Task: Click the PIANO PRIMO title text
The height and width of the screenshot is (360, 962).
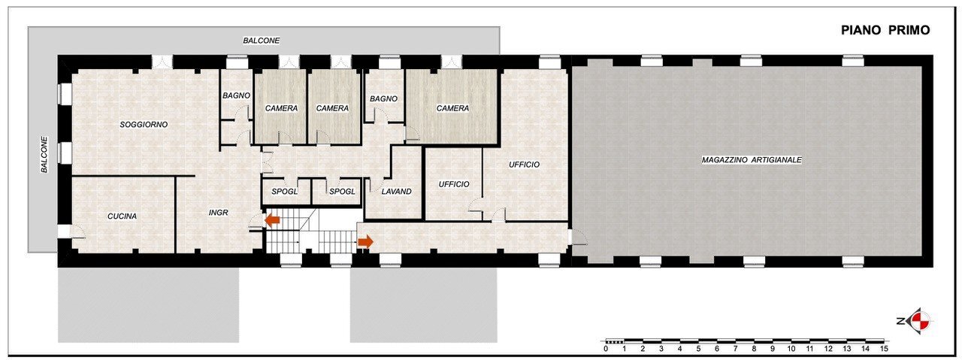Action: point(885,30)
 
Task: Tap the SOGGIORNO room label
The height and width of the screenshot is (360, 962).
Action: point(144,124)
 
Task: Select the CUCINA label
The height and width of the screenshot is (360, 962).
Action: point(122,216)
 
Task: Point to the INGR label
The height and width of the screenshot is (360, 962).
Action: point(218,213)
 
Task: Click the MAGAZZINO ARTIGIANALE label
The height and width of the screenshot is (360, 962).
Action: point(752,160)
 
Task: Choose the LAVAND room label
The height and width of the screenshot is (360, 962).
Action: point(396,192)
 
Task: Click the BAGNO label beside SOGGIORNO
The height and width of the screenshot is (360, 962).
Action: point(236,95)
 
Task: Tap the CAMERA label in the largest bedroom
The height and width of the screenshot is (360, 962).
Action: point(452,108)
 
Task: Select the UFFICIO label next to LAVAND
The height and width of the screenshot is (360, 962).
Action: point(454,184)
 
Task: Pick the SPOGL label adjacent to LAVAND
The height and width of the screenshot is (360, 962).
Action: point(343,192)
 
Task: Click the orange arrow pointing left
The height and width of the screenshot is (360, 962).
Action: point(271,219)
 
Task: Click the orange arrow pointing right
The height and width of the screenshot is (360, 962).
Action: point(365,241)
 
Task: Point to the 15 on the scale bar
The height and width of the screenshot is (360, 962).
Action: point(884,349)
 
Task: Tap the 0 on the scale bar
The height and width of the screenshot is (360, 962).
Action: point(606,349)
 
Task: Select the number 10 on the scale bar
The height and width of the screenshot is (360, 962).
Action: point(791,349)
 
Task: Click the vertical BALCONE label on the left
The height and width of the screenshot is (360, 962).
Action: point(44,155)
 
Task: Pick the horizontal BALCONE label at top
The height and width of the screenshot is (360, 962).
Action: point(261,40)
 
